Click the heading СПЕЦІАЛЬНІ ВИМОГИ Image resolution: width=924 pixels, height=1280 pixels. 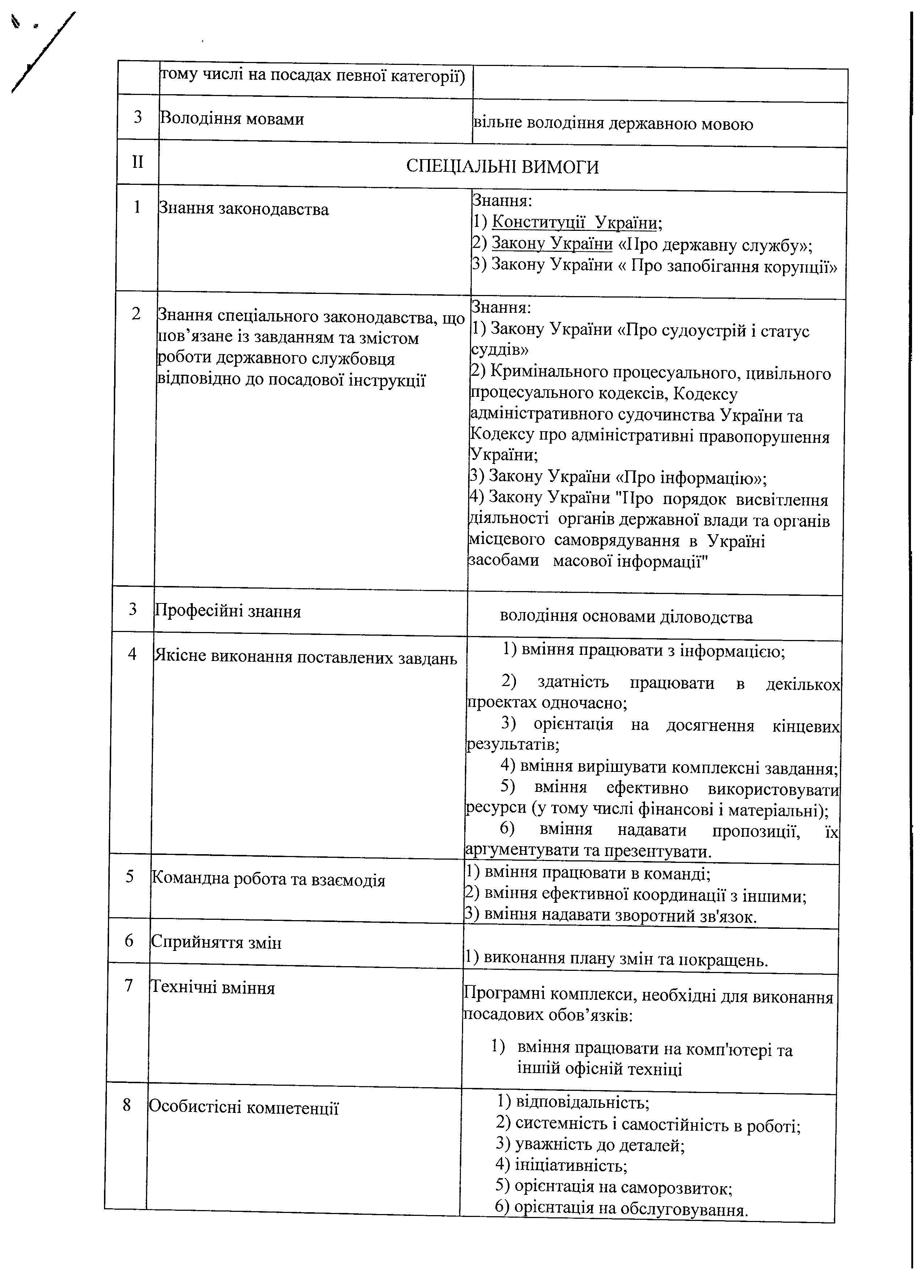coord(502,167)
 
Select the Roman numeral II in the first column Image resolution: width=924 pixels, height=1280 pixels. coord(138,163)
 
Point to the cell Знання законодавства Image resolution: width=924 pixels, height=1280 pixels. coord(244,209)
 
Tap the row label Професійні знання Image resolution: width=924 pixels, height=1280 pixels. coord(228,611)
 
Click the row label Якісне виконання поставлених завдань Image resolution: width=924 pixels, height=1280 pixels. coord(305,657)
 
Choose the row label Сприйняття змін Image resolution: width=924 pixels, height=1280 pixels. coord(216,943)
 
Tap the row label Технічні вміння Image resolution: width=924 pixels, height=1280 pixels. coord(212,988)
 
